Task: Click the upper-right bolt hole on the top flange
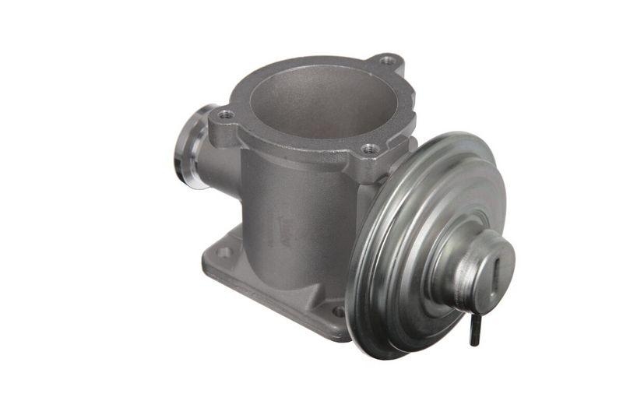[388, 59]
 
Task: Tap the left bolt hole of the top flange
[225, 114]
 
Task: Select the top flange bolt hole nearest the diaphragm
[371, 148]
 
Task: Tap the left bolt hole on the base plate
[224, 251]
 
